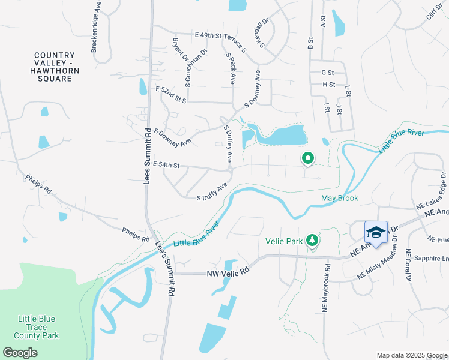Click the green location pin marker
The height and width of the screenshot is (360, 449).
click(307, 158)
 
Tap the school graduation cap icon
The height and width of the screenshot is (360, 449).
click(376, 232)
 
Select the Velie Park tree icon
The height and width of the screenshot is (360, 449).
click(312, 241)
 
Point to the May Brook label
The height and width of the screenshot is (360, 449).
click(340, 198)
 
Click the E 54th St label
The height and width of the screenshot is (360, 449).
click(166, 164)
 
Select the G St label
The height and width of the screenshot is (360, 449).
click(328, 73)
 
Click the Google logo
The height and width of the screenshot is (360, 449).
click(20, 353)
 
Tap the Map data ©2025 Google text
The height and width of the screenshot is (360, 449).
click(412, 355)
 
